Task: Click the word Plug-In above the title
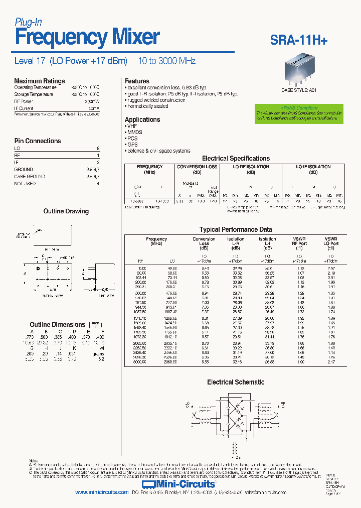tap(28, 22)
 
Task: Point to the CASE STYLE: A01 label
tap(299, 91)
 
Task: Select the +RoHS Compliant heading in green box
tap(299, 108)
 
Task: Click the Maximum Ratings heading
tap(39, 81)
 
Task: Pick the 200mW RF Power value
tap(93, 101)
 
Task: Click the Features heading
tap(137, 81)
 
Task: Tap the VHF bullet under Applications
tap(132, 126)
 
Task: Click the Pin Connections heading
tap(38, 141)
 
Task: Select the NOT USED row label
tap(25, 184)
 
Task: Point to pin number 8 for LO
tap(98, 149)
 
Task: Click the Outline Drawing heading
tap(66, 211)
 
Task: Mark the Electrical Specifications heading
tap(236, 158)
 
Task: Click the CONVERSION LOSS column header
tap(198, 167)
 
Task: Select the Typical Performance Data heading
tap(236, 229)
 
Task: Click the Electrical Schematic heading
tap(236, 382)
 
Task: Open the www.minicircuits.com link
tap(102, 492)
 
